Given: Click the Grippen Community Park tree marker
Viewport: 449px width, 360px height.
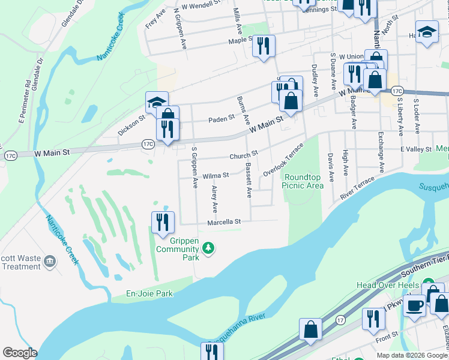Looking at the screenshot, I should click(x=208, y=248).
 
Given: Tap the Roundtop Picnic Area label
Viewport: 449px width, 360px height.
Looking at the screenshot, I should click(x=304, y=181).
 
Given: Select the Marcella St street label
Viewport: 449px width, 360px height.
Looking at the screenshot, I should click(x=223, y=221).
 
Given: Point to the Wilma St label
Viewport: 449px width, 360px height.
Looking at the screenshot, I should click(x=216, y=175).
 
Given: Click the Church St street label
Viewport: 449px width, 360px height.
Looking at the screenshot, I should click(x=243, y=155).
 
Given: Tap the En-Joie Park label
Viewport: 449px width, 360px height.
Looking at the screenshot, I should click(x=149, y=293).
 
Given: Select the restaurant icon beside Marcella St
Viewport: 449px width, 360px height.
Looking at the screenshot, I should click(x=163, y=223).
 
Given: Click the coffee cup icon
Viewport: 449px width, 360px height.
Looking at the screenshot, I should click(x=414, y=305).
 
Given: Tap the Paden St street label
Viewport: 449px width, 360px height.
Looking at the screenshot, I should click(x=221, y=119).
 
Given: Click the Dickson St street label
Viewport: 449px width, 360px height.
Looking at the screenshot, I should click(x=131, y=126).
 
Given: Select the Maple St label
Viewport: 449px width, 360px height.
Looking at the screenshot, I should click(x=240, y=41).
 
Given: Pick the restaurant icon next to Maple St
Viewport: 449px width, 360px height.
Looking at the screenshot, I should click(x=264, y=46).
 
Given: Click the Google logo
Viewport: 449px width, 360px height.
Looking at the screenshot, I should click(x=20, y=352).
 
